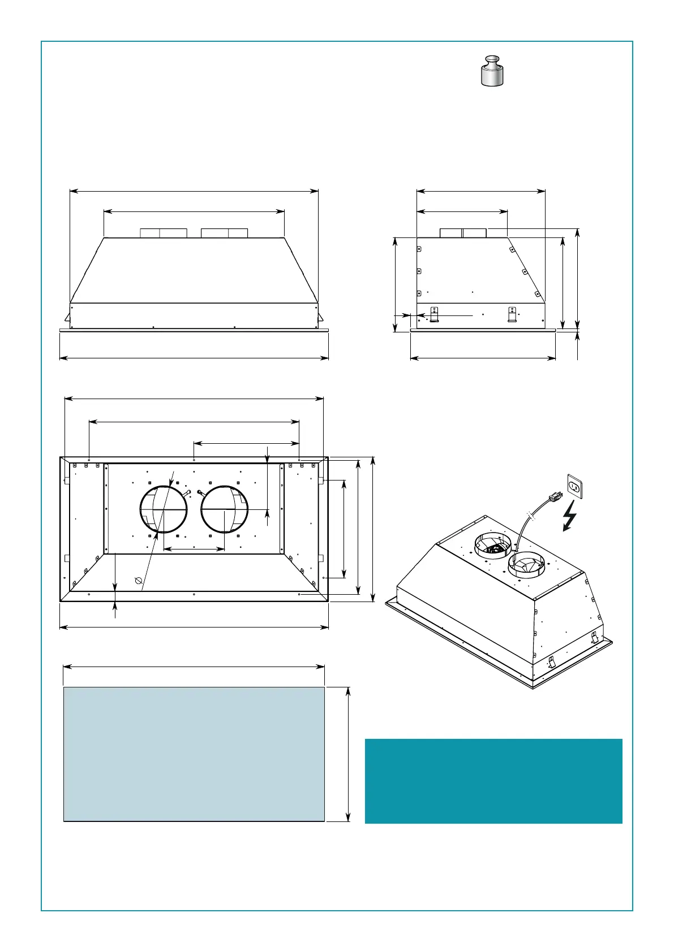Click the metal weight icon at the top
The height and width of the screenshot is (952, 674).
[492, 71]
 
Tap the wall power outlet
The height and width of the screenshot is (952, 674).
[574, 486]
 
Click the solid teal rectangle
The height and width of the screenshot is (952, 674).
[493, 781]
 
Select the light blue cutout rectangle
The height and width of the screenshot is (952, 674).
[194, 754]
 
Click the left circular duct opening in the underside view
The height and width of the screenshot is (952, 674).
[164, 509]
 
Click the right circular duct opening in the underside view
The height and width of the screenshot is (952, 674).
[225, 509]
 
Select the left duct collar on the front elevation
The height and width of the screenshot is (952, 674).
[164, 233]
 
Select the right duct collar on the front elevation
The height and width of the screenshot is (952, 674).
[225, 233]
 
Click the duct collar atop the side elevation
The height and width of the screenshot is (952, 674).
[463, 233]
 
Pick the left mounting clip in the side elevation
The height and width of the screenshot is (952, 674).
[434, 314]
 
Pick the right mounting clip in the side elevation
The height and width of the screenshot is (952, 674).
[512, 314]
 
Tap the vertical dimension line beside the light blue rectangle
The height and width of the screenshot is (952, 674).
[348, 754]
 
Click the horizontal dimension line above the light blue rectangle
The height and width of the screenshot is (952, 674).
[194, 667]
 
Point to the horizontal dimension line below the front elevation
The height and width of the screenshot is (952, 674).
[194, 358]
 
